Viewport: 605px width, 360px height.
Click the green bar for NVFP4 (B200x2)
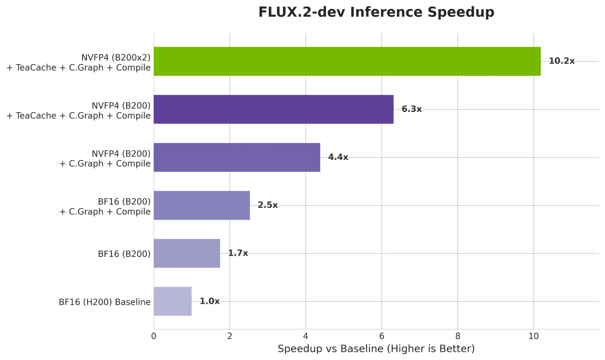(347, 61)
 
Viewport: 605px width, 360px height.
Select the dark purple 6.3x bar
(273, 109)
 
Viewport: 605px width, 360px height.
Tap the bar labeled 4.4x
(237, 157)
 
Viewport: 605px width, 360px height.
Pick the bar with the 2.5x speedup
(202, 205)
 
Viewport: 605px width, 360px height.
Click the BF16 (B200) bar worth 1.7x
(187, 253)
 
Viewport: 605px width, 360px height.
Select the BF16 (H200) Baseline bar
(173, 301)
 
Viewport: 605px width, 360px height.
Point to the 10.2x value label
(561, 61)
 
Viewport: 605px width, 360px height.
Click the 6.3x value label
(411, 109)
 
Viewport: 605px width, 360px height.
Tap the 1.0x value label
(209, 301)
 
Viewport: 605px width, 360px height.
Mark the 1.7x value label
(238, 253)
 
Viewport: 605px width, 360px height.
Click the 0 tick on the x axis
(154, 336)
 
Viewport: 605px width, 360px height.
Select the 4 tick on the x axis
(306, 336)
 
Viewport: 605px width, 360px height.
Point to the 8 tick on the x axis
(458, 336)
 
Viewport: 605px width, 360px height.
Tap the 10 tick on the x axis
(534, 336)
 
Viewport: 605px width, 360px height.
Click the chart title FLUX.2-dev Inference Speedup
(376, 12)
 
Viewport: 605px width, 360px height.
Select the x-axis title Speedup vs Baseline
(376, 349)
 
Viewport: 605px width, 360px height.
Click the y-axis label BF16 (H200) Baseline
(104, 302)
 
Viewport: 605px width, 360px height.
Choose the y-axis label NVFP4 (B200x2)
(116, 57)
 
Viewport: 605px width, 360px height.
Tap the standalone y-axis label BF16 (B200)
(124, 254)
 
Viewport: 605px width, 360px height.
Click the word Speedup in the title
(461, 12)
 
